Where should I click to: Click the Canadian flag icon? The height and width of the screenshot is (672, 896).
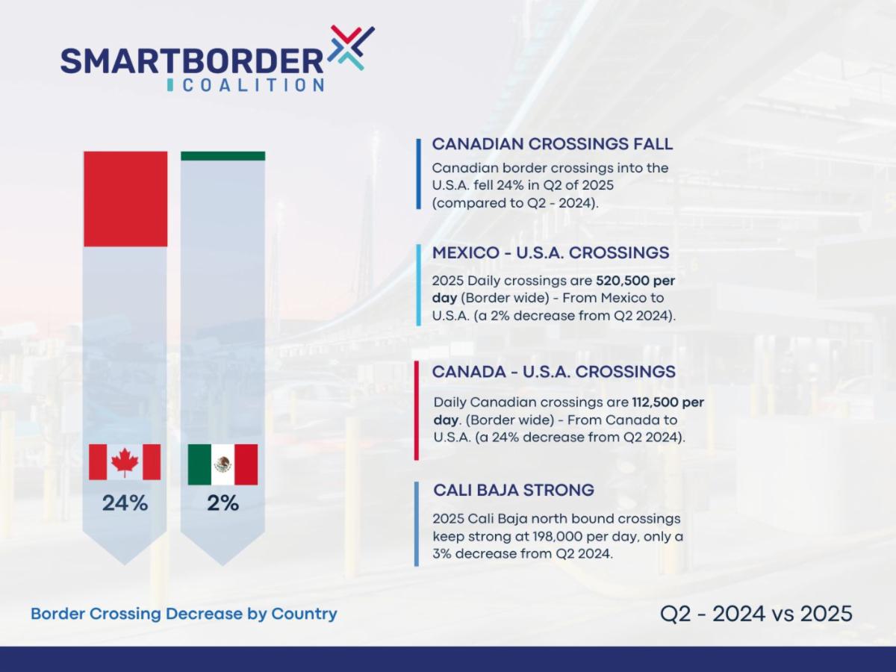pos(125,462)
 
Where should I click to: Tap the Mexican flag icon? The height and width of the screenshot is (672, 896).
pos(223,464)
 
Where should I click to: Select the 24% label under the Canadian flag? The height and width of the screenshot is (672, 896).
pos(125,503)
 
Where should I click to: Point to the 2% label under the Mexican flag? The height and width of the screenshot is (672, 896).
pos(223,503)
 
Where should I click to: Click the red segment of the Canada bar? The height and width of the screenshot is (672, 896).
pos(125,199)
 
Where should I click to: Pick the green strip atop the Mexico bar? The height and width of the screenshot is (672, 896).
pos(223,156)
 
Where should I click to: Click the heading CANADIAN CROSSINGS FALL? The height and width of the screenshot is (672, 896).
pos(552,144)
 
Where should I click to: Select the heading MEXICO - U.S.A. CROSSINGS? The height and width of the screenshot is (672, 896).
pos(550,253)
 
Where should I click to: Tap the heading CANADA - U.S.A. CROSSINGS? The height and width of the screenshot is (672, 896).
pos(553,372)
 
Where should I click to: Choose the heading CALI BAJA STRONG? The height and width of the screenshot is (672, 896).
pos(513,491)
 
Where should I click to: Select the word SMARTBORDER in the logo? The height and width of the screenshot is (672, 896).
pos(192,60)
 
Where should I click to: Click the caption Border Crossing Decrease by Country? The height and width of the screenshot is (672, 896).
pos(184,614)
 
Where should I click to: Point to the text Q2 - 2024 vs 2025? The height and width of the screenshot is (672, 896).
pos(756,614)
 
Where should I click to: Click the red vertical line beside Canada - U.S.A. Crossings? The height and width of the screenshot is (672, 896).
pos(416,410)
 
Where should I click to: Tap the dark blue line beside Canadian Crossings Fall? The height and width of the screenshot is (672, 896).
pos(418,173)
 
